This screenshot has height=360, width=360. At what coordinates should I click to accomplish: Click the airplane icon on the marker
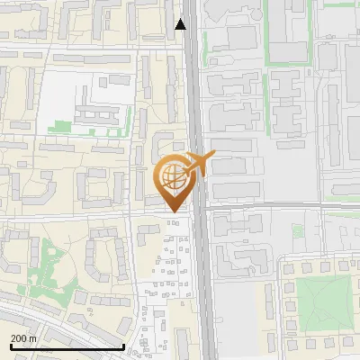(198, 164)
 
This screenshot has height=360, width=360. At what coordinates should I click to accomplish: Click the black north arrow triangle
(181, 24)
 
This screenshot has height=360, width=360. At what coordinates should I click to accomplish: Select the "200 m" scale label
(22, 338)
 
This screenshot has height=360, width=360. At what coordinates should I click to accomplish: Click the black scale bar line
(67, 346)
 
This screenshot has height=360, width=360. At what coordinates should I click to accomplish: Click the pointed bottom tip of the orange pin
(174, 212)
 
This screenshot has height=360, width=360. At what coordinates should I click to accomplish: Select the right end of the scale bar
(123, 346)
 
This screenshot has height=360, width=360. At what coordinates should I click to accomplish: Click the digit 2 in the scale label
(13, 338)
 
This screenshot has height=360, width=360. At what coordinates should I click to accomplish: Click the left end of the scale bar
(10, 346)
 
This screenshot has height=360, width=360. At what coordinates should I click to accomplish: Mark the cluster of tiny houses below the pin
(171, 256)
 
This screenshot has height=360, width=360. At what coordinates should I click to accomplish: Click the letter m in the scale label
(33, 338)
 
